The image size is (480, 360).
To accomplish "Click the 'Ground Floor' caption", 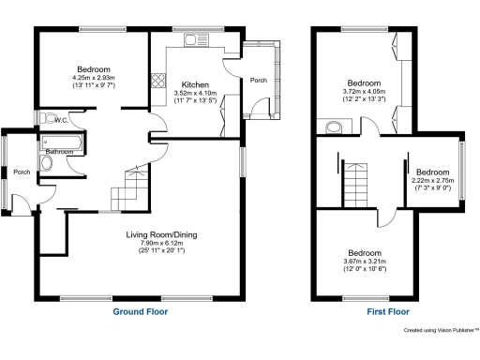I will click(x=142, y=311).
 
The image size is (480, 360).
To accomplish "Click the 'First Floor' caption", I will click(x=366, y=311).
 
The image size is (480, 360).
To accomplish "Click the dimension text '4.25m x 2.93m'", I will click(x=94, y=78).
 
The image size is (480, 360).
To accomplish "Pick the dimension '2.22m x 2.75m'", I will click(x=433, y=180).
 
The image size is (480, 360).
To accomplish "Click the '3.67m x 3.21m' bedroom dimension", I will click(x=365, y=262).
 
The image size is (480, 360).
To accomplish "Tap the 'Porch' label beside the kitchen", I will click(x=258, y=81).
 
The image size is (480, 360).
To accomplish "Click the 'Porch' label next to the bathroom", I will click(x=22, y=172).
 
